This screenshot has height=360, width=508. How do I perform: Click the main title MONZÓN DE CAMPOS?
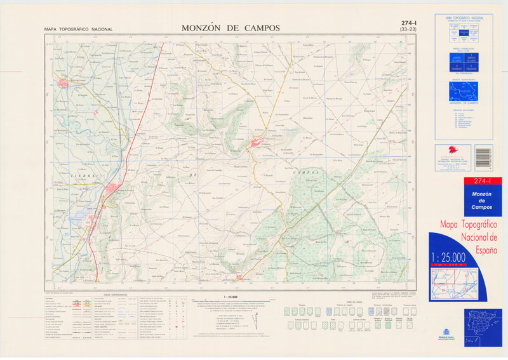pos(231,28)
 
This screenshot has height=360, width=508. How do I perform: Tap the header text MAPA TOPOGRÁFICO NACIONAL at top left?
pos(78,29)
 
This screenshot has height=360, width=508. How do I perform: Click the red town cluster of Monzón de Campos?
pos(116,190)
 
